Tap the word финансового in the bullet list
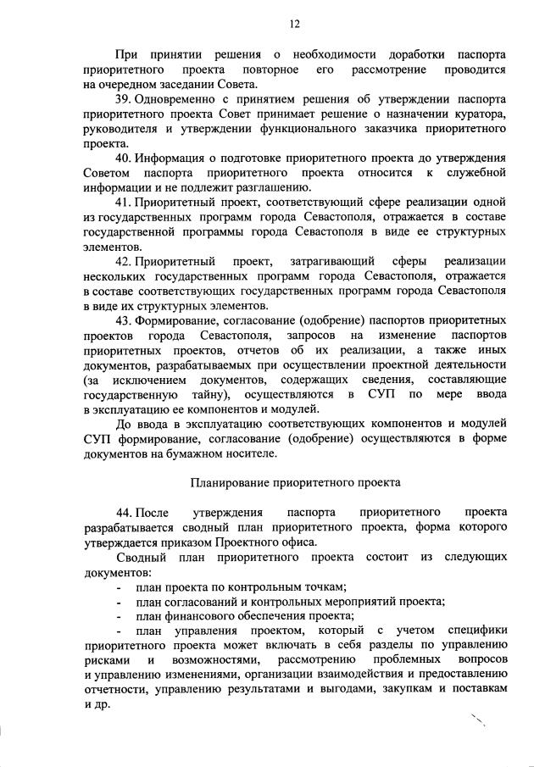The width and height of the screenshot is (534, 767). (200, 616)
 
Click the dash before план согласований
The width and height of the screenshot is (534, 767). (119, 602)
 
